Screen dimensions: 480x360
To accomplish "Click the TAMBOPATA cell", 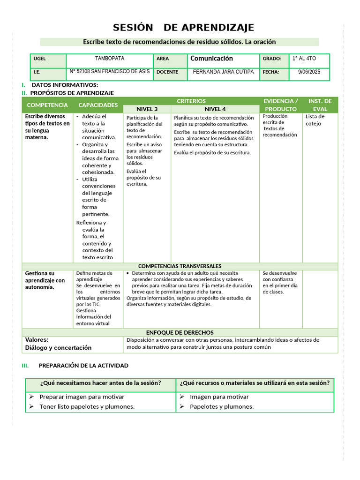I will (110, 59).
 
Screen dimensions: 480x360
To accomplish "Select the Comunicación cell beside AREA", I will (211, 59).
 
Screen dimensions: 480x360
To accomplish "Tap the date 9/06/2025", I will (308, 72).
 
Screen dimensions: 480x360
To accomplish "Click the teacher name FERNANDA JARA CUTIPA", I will (223, 72).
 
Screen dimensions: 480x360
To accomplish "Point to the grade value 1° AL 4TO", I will (304, 59).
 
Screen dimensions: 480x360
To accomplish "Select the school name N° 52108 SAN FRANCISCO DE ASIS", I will (110, 72).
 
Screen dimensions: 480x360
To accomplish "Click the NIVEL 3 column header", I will (147, 109).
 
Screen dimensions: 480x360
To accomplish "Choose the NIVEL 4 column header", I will (215, 109).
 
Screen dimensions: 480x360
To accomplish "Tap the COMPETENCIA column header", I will (47, 105).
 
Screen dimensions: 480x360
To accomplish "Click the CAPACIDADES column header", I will (98, 105).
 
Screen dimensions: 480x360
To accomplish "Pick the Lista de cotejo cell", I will (315, 120).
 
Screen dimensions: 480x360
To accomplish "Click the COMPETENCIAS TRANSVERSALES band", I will (180, 266).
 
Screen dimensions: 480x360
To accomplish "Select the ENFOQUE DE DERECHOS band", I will (180, 332).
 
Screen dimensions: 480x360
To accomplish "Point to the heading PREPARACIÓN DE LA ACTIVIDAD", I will (83, 366).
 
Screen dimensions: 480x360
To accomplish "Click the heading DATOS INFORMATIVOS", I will (65, 85).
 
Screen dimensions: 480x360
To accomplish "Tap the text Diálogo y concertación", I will (58, 348).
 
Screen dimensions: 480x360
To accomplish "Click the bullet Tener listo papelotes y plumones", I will (87, 406).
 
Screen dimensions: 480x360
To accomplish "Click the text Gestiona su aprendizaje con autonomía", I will (45, 280).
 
